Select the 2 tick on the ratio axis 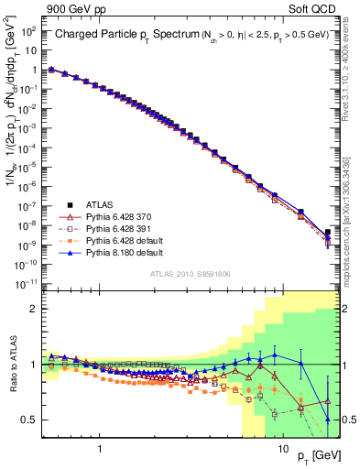tap(34, 309)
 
